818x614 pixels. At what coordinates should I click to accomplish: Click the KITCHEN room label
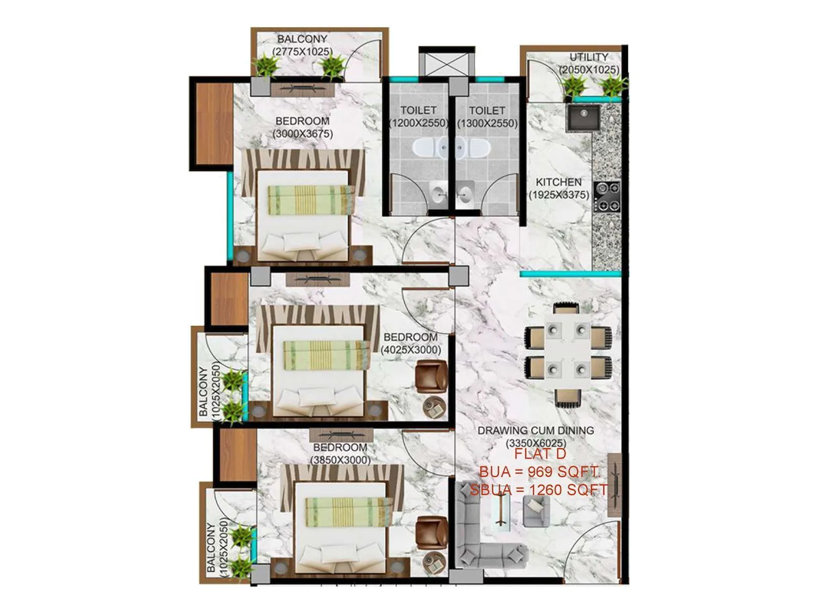(558, 182)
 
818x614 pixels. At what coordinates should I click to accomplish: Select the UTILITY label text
(589, 57)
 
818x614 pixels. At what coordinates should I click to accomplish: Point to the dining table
(567, 353)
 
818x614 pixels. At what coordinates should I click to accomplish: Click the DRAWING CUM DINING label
(536, 431)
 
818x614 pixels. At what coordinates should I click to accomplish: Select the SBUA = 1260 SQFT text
(539, 490)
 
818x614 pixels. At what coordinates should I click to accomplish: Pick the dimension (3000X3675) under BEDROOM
(303, 134)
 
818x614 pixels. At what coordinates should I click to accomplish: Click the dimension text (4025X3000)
(411, 350)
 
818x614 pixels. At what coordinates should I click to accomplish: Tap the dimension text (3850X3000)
(340, 460)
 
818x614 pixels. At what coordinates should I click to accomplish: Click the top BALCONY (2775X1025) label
(302, 45)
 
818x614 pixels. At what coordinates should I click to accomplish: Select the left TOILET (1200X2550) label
(418, 117)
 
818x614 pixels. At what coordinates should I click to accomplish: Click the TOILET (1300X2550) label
(487, 117)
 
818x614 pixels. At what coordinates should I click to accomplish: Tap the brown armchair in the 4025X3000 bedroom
(431, 376)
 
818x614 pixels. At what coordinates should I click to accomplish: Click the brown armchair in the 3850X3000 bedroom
(431, 532)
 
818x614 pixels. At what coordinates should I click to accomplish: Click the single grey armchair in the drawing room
(536, 511)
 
